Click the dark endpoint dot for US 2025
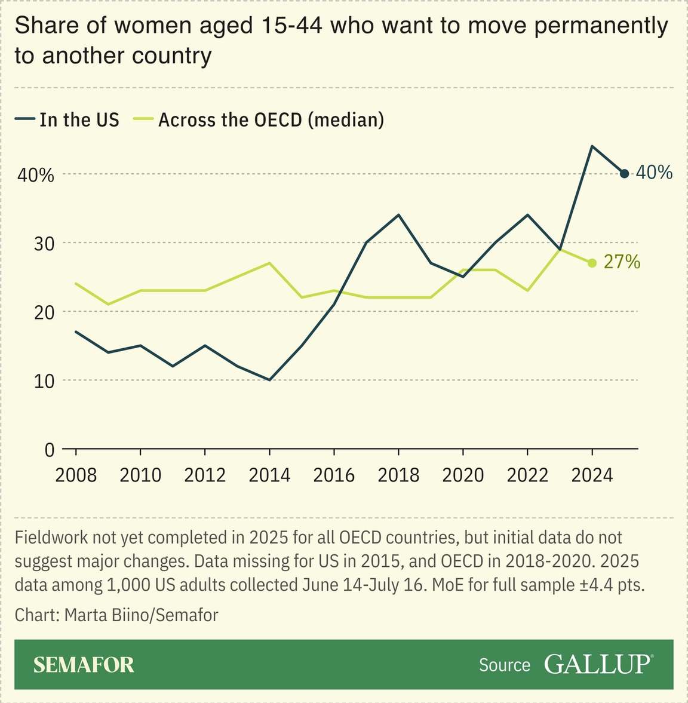point(624,174)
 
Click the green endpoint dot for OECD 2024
point(592,263)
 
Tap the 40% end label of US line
point(654,173)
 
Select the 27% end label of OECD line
point(622,262)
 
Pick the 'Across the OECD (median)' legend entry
point(271,120)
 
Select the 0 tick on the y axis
point(50,450)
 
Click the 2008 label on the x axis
point(76,475)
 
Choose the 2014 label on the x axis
point(269,475)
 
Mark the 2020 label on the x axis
point(463,475)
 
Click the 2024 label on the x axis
point(592,475)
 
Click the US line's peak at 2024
point(591,146)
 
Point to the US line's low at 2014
point(269,380)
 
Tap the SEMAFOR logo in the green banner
point(84,665)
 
